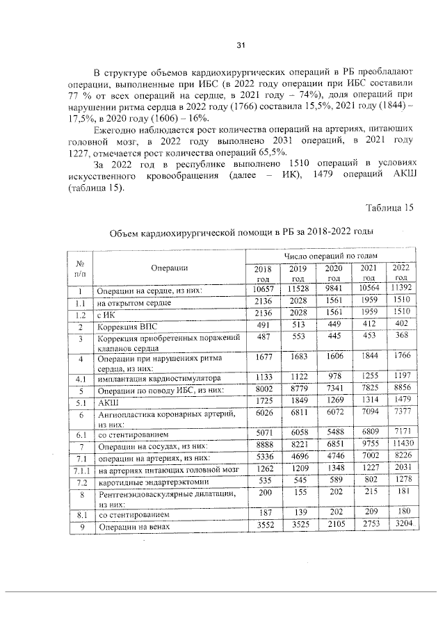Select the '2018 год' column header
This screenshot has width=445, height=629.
click(262, 273)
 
